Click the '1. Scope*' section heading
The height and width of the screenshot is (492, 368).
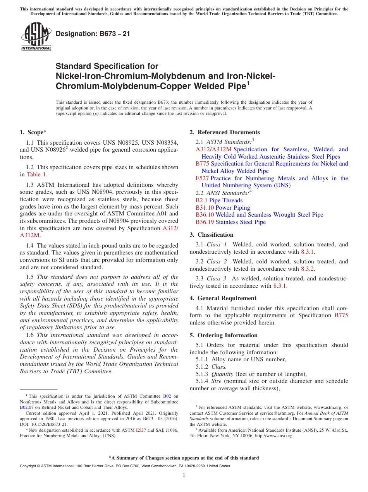coord(33,132)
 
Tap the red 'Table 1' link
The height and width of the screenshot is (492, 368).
coord(36,174)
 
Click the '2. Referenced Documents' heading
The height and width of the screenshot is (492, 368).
coord(225,132)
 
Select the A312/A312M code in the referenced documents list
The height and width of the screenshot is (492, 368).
coord(213,149)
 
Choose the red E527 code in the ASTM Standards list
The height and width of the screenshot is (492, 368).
coord(202,178)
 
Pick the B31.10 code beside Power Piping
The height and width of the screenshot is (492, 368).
coord(205,208)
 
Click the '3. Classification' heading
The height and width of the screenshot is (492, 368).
coord(212,235)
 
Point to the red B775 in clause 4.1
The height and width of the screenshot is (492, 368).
coord(341,315)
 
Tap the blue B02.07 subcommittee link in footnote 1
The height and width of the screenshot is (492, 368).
coord(26,407)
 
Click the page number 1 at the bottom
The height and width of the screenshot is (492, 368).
coord(184,475)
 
